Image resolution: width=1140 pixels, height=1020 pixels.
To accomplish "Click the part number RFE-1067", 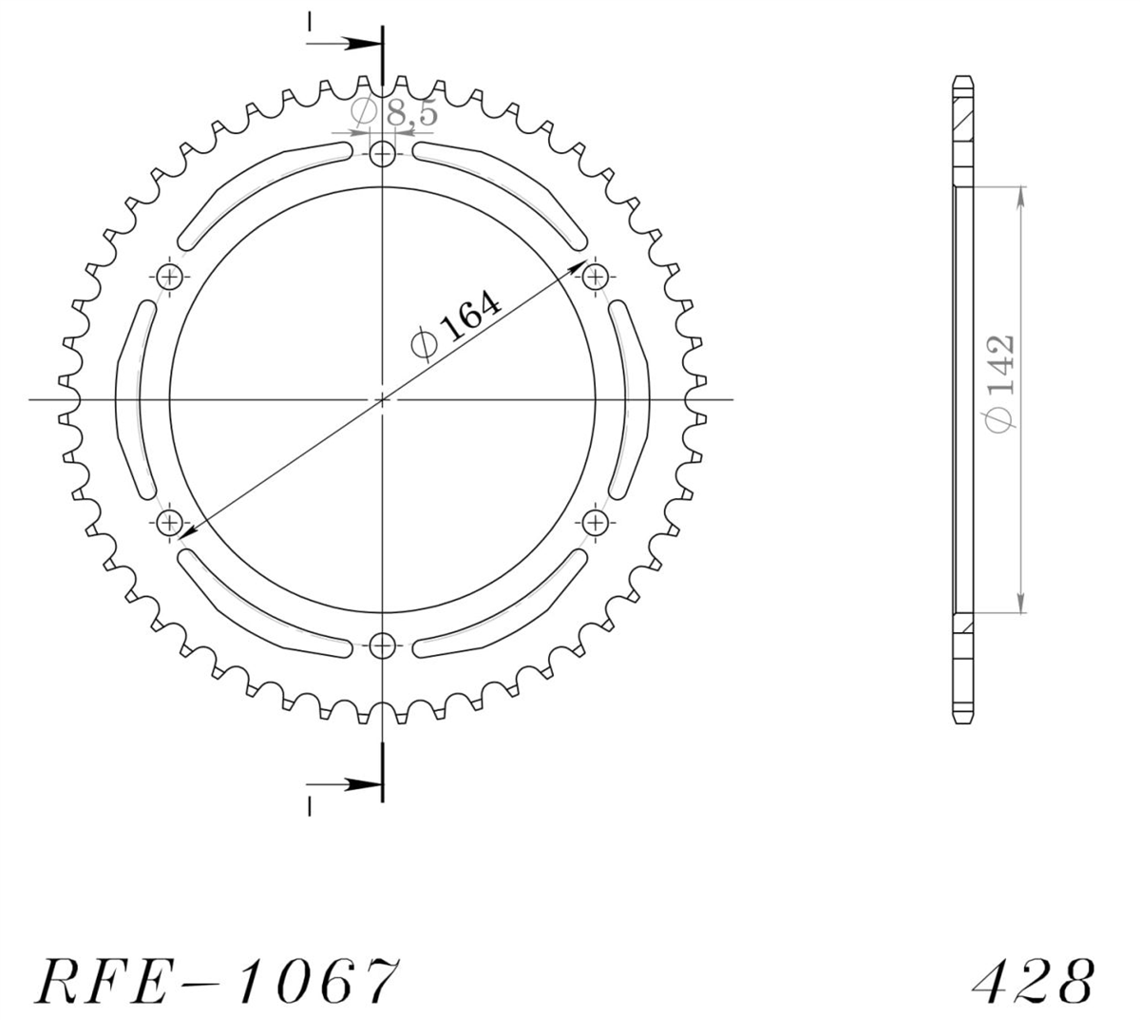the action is coord(218,981).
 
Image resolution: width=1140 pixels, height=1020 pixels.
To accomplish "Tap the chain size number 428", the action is coord(1033,981).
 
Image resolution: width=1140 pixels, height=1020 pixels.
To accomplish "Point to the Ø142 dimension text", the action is coord(1000,383).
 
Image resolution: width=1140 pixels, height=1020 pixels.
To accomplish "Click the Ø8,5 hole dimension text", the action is coord(394,111).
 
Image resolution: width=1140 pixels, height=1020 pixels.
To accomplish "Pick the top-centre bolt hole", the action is coord(382,153).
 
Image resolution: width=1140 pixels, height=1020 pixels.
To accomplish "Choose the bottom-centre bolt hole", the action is coord(382,645).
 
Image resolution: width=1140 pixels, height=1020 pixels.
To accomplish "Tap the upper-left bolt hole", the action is coord(169,277).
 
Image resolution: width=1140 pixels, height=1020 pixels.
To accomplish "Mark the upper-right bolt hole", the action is coord(596,277).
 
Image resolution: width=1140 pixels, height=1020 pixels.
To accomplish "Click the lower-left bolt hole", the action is coord(169,523).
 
